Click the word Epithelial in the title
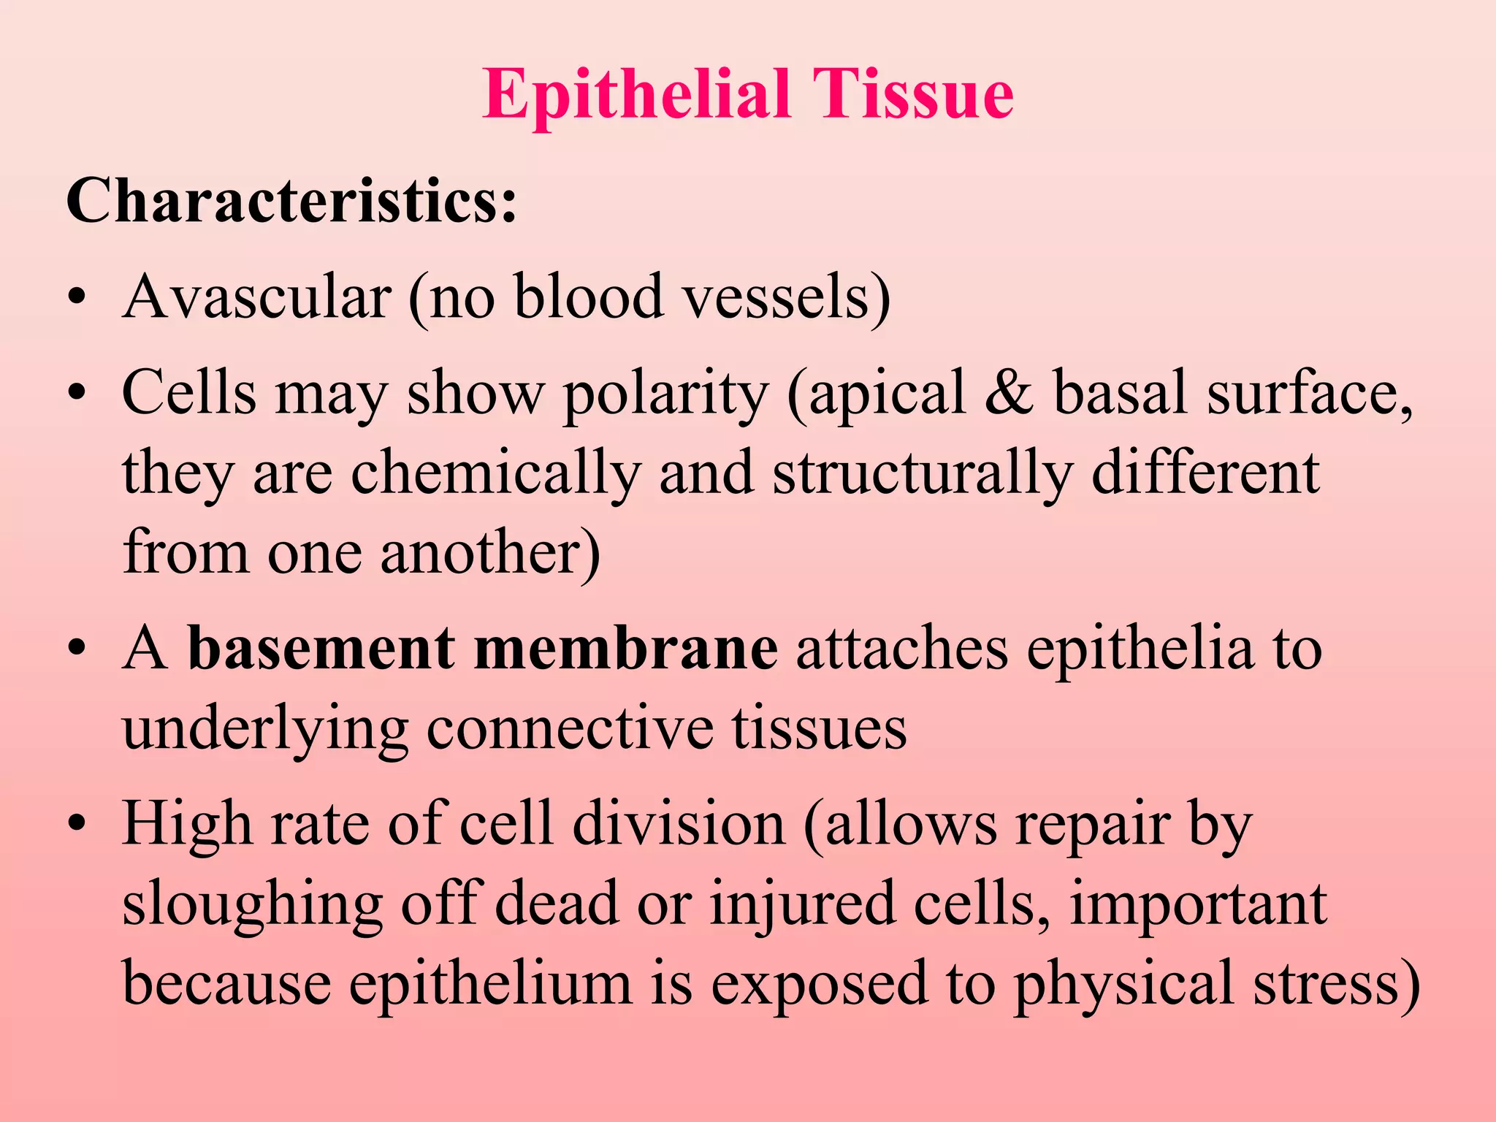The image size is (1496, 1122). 636,95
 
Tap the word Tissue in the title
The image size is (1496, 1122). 913,95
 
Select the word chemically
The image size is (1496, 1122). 496,473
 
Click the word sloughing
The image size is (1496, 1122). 252,904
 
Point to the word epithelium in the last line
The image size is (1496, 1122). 490,984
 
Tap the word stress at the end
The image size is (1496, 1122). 1337,984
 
